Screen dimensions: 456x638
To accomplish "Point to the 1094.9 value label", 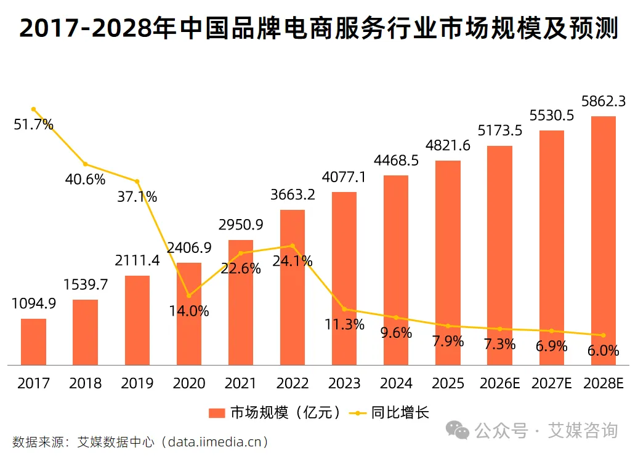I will click(x=33, y=303).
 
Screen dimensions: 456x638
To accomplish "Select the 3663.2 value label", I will click(x=293, y=194).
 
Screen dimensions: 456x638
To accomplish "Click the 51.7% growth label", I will click(x=33, y=125).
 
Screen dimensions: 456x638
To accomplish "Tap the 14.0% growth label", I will click(x=189, y=311).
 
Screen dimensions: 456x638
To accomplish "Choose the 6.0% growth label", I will click(x=604, y=351).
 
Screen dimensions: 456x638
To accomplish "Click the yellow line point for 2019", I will click(x=137, y=182).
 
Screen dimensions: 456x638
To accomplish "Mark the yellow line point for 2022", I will click(x=293, y=246).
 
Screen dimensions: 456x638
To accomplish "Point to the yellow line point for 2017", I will click(x=33, y=109).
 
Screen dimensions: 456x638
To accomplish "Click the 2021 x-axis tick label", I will click(x=241, y=383).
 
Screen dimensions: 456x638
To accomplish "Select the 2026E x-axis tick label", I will click(x=499, y=383).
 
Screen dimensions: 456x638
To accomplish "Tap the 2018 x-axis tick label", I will click(x=85, y=383).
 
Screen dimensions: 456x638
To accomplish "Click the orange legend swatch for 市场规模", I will click(x=217, y=413).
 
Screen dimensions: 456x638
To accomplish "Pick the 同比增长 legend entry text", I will click(x=400, y=413).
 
